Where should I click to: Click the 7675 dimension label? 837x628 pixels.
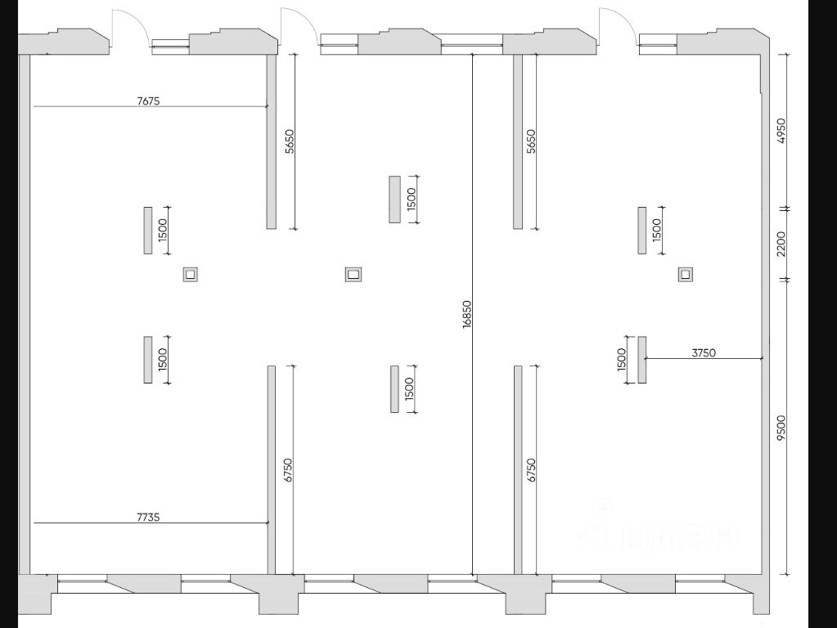point(148,101)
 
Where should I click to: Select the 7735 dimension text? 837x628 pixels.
point(148,517)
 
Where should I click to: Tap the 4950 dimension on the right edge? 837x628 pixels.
point(781,132)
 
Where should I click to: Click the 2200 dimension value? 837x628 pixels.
point(781,244)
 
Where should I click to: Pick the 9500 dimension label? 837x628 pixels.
point(781,428)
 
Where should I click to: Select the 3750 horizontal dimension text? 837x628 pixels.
point(704,353)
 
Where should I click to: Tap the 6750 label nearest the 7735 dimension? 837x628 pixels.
point(288,470)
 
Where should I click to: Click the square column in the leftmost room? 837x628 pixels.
point(191,275)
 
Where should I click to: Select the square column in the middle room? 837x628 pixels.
point(353,275)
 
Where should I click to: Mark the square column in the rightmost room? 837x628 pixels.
point(686,275)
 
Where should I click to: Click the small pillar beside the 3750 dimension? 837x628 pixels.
point(642,360)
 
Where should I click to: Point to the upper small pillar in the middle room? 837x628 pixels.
point(395,200)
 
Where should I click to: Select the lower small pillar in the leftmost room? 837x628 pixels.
point(148,360)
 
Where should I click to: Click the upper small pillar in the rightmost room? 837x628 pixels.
point(643,231)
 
